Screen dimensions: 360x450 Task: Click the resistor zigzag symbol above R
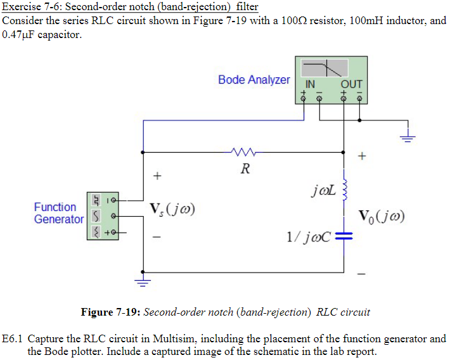pos(243,152)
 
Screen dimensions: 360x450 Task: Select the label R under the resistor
pos(245,169)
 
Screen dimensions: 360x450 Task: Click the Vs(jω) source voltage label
pos(172,209)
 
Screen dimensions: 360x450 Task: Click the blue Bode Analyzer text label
pos(254,80)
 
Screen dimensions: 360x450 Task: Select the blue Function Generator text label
pos(58,213)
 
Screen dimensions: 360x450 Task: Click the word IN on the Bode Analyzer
pos(310,84)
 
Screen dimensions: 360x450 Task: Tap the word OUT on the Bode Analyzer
pos(351,84)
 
